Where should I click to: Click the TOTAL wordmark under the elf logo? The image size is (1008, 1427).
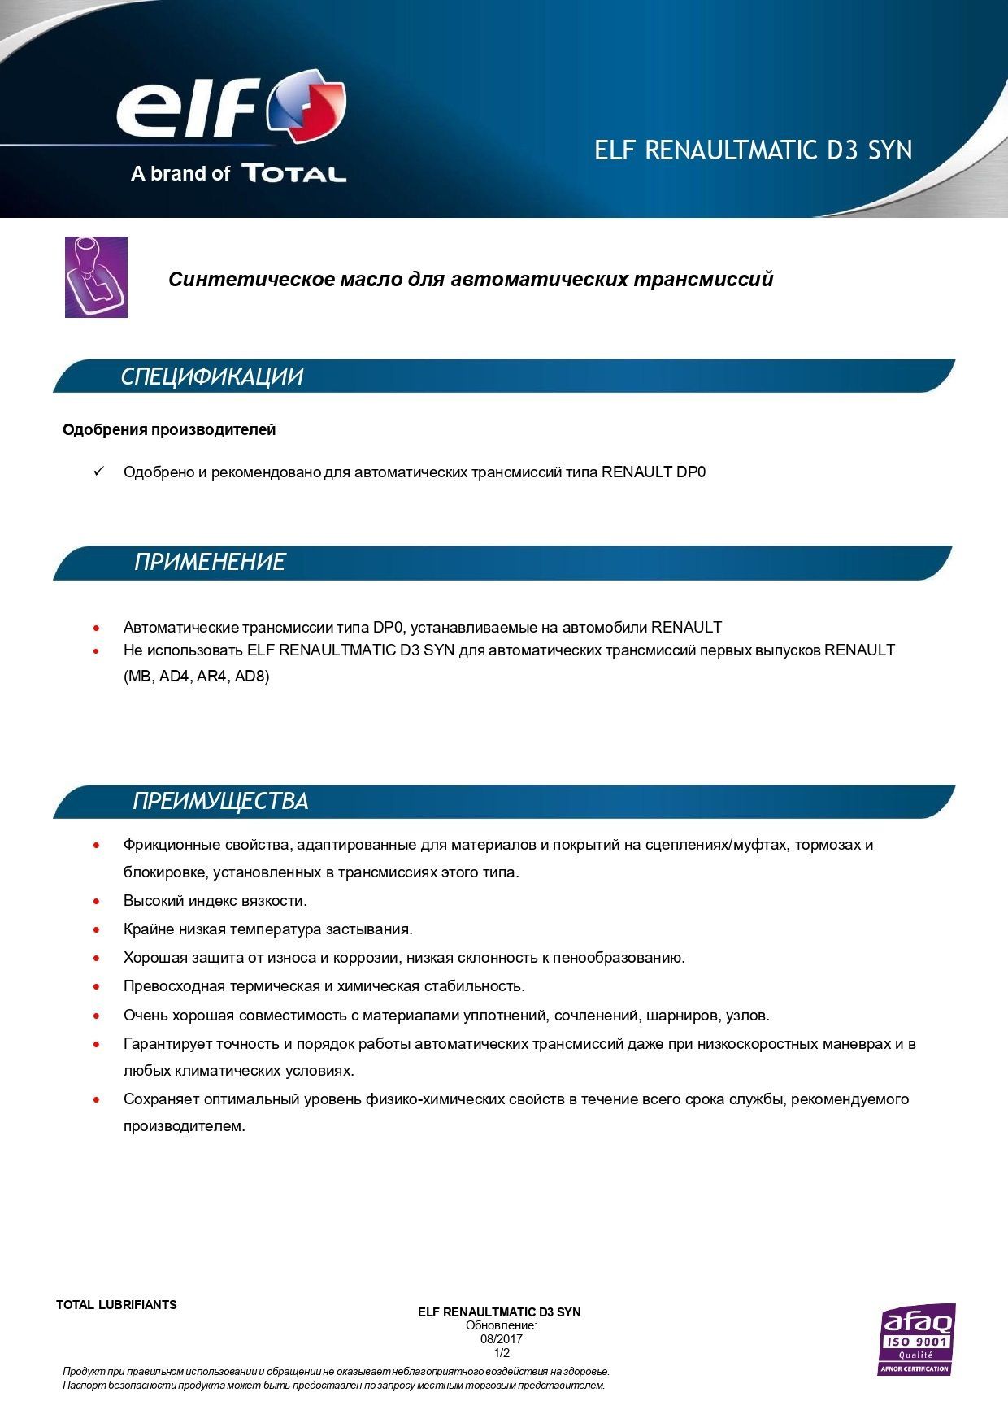click(293, 173)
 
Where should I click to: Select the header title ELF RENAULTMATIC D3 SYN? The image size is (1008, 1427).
click(753, 150)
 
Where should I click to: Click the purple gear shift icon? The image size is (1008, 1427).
click(96, 276)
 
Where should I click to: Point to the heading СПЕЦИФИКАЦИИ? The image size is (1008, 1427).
click(211, 376)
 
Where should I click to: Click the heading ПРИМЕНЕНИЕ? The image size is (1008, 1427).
click(210, 562)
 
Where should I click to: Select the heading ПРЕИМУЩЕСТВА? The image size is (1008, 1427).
click(220, 801)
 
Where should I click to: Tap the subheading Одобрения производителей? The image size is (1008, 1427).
click(169, 429)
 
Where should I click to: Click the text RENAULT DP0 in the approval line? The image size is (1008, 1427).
click(654, 472)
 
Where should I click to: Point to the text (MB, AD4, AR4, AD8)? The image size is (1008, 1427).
click(196, 677)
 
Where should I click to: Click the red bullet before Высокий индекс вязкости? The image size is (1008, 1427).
click(97, 901)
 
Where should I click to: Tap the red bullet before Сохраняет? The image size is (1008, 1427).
click(97, 1099)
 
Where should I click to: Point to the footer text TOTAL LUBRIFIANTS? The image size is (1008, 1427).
click(116, 1305)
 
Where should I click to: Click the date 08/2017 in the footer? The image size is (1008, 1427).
click(501, 1338)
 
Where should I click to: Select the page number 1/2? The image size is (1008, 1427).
click(502, 1353)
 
